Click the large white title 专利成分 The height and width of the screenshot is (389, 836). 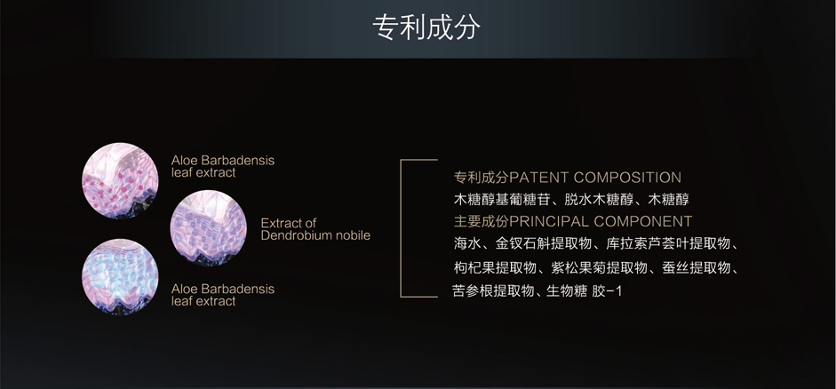click(426, 28)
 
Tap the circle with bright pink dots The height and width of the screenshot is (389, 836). click(120, 180)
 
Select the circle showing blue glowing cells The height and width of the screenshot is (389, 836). click(120, 276)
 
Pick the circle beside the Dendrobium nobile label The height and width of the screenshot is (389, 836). click(209, 228)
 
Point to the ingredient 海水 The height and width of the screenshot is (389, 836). click(467, 243)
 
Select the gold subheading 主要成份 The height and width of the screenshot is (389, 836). click(482, 220)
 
